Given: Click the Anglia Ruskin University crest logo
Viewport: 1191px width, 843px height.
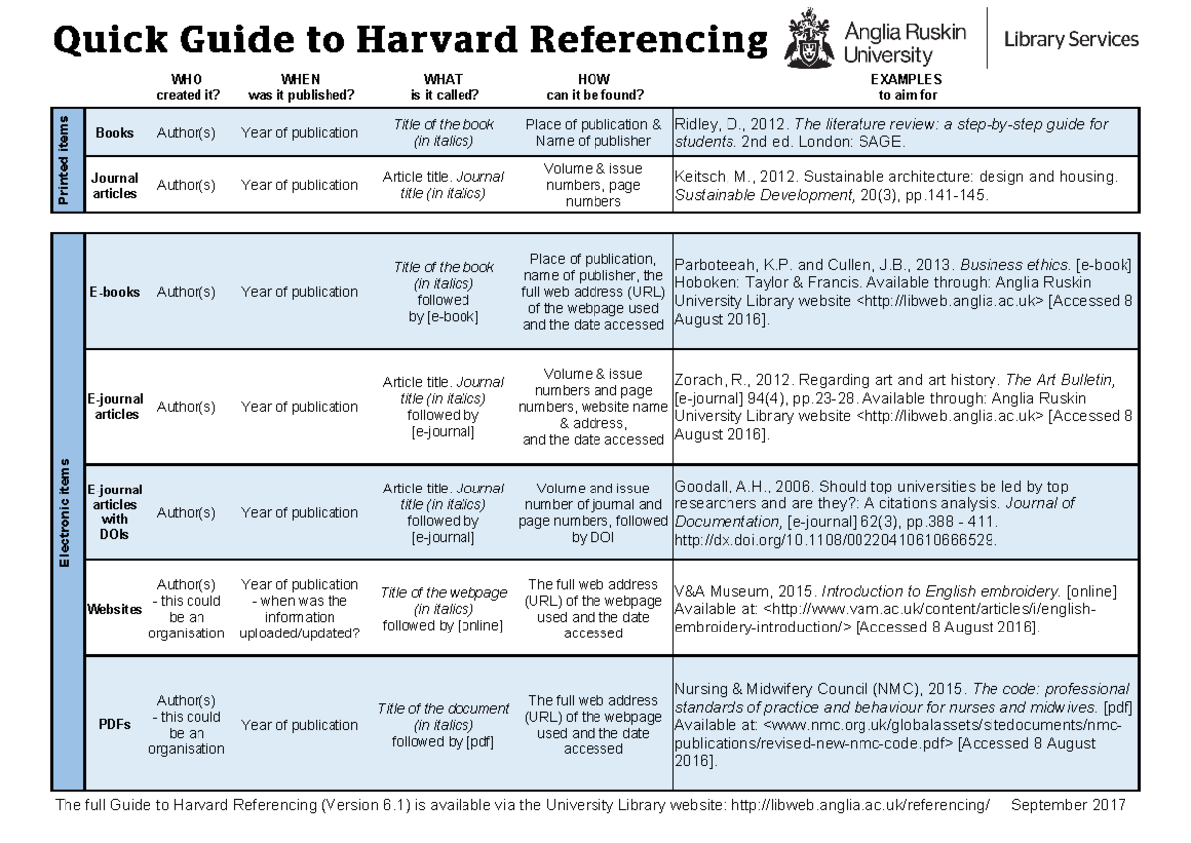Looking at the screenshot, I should coord(807,41).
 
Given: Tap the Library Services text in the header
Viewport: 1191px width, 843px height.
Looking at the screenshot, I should coord(1071,40).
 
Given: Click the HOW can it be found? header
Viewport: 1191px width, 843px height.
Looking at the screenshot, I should coord(594,87).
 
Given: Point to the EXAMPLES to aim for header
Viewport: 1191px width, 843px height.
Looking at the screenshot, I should coord(906,87).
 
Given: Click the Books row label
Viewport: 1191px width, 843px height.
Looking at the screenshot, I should coord(115,133).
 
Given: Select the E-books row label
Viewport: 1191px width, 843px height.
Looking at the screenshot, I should coord(116,292).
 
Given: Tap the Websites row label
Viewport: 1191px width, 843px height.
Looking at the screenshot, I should coord(115,609).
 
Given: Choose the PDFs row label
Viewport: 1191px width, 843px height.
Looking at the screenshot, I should coord(115,725).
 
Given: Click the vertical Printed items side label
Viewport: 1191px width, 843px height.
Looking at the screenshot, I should coord(65,160).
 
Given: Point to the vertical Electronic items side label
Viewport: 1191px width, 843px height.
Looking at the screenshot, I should coord(65,512).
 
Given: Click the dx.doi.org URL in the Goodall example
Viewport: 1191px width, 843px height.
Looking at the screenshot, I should coord(836,539).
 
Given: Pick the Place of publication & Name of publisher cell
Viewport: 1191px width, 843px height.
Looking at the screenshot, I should coord(594,133).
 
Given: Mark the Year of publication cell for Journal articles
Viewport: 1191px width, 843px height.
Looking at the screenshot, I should coord(300,185).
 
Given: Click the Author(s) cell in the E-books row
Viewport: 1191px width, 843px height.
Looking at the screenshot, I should coord(187,292).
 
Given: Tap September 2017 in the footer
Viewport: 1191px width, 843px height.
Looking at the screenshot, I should coord(1068,805).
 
